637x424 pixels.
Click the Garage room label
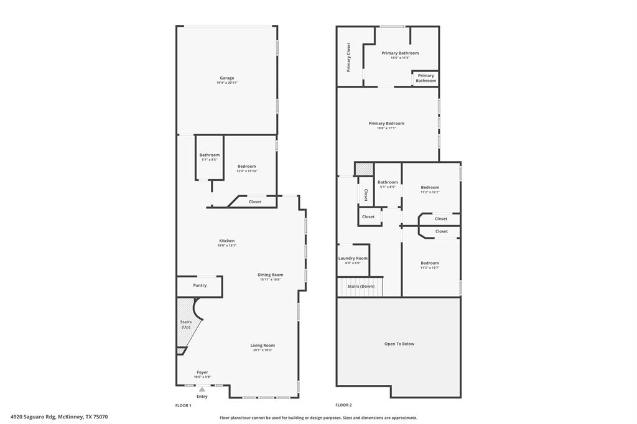coord(226,78)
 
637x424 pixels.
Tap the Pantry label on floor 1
coord(200,285)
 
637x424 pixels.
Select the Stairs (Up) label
coord(185,324)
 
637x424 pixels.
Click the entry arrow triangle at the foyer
coord(202,389)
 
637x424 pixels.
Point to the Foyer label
coord(202,372)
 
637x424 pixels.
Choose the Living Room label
coord(263,345)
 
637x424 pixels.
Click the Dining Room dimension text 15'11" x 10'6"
coord(271,280)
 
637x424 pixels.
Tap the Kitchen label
coord(226,241)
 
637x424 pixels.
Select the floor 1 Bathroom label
coord(210,155)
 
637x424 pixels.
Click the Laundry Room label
coord(353,258)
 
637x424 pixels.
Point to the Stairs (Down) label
coord(361,286)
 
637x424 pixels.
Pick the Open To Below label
coord(399,344)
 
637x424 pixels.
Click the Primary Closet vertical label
coord(349,57)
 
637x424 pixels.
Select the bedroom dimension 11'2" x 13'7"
coord(430,268)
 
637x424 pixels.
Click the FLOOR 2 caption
coord(343,405)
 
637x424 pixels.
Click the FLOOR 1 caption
coord(183,405)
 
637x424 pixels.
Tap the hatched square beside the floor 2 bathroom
coord(364,168)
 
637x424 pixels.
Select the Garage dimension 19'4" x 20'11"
coord(226,83)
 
